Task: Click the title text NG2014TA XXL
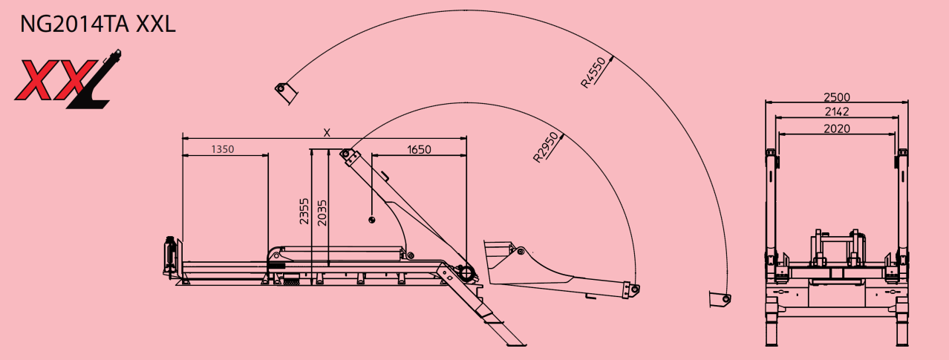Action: click(x=97, y=24)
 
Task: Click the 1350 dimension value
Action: click(x=222, y=149)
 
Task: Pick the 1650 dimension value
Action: click(x=419, y=149)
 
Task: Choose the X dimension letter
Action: click(x=326, y=132)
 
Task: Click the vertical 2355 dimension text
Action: click(x=304, y=211)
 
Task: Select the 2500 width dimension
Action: click(x=837, y=97)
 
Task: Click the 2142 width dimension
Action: click(x=837, y=111)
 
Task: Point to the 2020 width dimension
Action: click(x=837, y=128)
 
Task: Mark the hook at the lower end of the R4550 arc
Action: click(x=720, y=299)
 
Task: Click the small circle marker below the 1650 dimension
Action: click(x=371, y=219)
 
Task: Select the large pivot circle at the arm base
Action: click(x=468, y=274)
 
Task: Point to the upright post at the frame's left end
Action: click(x=170, y=256)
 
